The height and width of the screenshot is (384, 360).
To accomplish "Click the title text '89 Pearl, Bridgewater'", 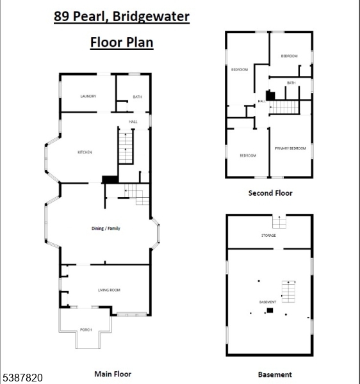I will [x=121, y=16].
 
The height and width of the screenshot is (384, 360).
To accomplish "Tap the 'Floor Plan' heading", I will [x=121, y=43].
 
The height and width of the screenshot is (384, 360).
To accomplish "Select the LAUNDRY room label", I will [x=88, y=97].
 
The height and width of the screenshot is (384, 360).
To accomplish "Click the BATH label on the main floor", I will [x=137, y=97].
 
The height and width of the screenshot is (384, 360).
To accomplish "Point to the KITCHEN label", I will [x=85, y=152].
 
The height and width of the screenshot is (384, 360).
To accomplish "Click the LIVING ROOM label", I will [x=109, y=291].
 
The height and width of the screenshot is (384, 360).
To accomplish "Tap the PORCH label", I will [x=86, y=330].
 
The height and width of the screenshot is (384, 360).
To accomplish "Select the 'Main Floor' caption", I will [x=112, y=374].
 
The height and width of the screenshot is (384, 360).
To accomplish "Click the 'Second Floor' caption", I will [x=270, y=193].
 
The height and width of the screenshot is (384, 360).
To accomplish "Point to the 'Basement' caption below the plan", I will [x=275, y=374].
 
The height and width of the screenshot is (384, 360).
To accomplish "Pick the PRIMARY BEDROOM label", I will [x=290, y=148].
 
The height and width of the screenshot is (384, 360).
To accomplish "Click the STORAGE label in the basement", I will [x=268, y=236].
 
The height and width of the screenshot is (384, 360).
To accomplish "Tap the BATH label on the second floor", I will [x=291, y=83].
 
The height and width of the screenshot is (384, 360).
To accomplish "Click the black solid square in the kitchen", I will [x=110, y=180].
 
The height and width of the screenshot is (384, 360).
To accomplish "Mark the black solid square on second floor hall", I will [x=270, y=95].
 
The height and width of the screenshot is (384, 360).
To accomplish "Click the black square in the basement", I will [x=270, y=310].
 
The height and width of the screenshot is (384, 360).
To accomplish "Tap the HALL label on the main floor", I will [x=133, y=122].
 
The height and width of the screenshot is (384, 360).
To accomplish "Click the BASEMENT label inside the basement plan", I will [x=268, y=302].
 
